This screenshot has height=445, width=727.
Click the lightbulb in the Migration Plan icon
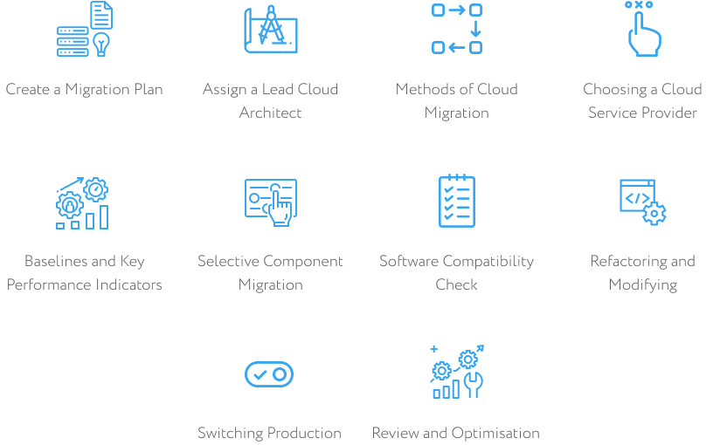101,44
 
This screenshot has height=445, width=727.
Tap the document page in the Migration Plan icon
101,15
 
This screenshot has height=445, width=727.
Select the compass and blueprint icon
271,29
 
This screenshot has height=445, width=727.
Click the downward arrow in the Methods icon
475,29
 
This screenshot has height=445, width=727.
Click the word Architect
270,113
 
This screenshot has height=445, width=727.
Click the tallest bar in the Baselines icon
104,217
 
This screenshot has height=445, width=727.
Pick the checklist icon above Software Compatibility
457,201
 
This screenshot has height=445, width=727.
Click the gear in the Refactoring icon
654,214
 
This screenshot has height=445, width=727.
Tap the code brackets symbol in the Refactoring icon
637,198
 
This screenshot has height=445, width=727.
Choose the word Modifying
642,285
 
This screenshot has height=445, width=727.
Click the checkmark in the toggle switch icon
260,374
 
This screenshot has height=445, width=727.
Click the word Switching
231,434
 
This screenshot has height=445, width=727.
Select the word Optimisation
495,434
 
